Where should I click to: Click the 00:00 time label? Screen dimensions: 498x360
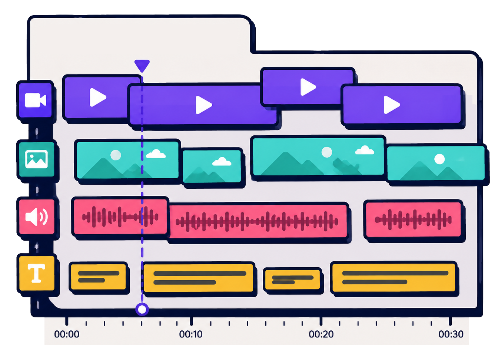tap(67, 334)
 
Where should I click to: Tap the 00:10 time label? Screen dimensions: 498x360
tap(191, 334)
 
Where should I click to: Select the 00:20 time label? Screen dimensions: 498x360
tap(321, 334)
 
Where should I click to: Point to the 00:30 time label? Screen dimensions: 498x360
tap(451, 334)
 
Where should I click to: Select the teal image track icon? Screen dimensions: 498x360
tap(36, 159)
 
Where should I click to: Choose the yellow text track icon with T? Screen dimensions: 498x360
tap(36, 273)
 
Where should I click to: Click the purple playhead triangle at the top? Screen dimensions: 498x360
tap(142, 65)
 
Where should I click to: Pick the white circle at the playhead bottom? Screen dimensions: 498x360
tap(142, 309)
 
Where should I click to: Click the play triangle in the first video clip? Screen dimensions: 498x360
tap(97, 98)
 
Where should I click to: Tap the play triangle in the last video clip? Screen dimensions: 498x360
tap(392, 105)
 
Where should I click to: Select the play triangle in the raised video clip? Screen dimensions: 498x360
tap(308, 87)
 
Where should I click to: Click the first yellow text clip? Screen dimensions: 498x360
tap(98, 277)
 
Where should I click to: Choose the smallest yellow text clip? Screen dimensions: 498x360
tap(293, 280)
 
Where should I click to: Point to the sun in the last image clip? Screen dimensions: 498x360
tap(439, 159)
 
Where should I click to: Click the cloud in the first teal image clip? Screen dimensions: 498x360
tap(156, 154)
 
